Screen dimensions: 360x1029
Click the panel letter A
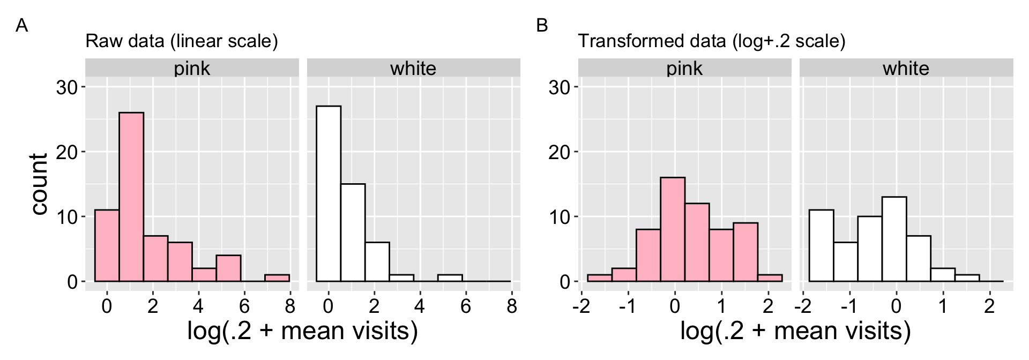[x=21, y=25]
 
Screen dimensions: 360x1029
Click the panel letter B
[x=542, y=25]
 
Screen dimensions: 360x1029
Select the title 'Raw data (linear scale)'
[x=182, y=41]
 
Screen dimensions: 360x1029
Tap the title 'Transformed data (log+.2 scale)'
[x=711, y=41]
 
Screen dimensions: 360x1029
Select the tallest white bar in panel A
[x=329, y=193]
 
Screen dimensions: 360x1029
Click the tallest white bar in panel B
[x=894, y=239]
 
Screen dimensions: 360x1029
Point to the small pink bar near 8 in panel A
[x=277, y=278]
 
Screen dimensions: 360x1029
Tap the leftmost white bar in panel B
[x=821, y=245]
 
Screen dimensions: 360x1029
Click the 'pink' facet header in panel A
[x=192, y=68]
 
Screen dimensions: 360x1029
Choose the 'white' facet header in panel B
[x=906, y=68]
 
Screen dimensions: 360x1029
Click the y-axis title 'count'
[x=39, y=184]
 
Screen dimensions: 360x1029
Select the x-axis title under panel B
[x=795, y=331]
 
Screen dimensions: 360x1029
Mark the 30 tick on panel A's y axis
[x=67, y=87]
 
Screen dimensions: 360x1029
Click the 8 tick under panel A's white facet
[x=512, y=306]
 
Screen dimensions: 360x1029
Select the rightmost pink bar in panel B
[x=770, y=278]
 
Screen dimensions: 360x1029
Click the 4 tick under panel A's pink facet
[x=198, y=306]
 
